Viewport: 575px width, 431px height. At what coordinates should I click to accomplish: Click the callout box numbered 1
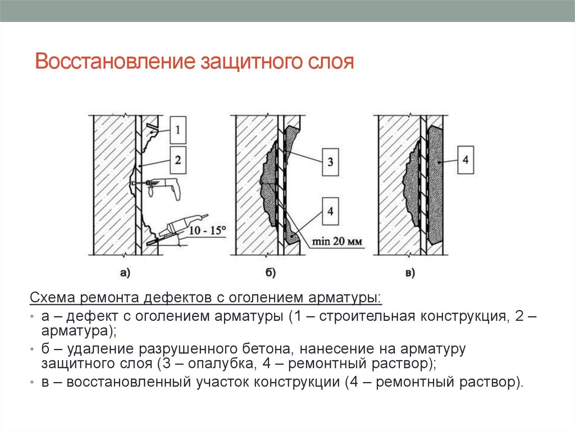[178, 130]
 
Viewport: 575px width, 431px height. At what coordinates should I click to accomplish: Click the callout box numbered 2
[178, 160]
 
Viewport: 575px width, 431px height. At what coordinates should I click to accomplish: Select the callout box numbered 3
[330, 162]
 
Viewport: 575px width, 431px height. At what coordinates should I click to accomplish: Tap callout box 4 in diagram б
[330, 211]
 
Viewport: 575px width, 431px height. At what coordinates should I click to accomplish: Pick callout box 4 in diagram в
[466, 160]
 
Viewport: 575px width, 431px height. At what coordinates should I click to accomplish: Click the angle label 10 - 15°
[207, 230]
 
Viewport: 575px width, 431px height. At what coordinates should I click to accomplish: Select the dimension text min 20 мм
[337, 241]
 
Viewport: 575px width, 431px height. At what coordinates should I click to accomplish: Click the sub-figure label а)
[125, 273]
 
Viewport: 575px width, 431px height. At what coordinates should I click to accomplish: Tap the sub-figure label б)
[270, 273]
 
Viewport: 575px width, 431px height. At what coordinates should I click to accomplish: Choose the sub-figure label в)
[410, 273]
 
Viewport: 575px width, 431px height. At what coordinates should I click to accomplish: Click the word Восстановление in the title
[115, 61]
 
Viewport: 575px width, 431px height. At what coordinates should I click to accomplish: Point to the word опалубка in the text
[220, 364]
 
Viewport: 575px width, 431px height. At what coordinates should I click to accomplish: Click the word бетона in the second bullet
[268, 349]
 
